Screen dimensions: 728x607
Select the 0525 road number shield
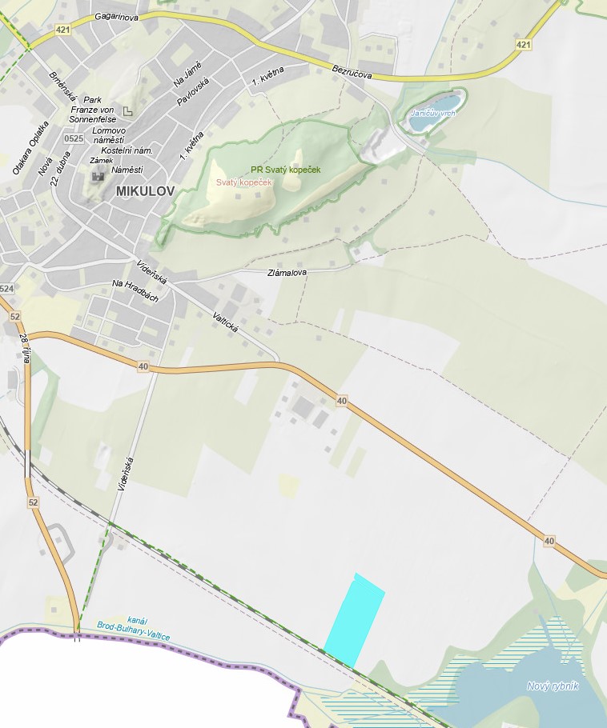pos(74,138)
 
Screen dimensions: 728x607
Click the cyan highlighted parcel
pos(354,619)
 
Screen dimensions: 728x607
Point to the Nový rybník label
pos(553,686)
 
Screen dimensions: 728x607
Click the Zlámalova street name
pos(287,273)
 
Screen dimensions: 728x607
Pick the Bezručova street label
pos(354,73)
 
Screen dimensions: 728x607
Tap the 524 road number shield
pos(7,288)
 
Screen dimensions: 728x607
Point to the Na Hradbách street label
pos(135,291)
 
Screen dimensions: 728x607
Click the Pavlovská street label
pos(193,93)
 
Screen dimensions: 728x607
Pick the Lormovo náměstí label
pos(109,134)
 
